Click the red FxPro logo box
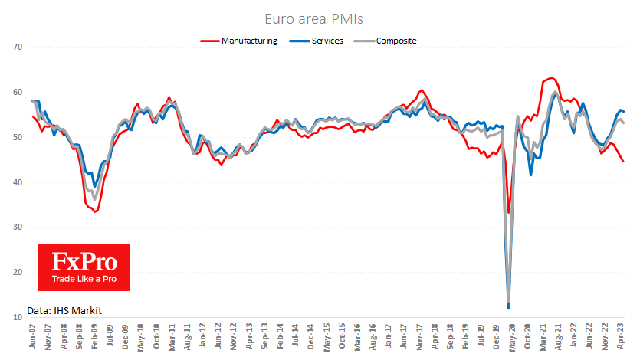point(84,267)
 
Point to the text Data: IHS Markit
point(64,309)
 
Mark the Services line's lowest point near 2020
point(509,308)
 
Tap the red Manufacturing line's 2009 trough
point(95,211)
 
